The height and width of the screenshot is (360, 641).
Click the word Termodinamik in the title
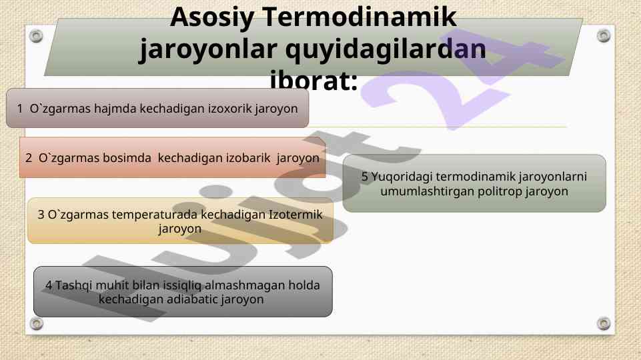[359, 17]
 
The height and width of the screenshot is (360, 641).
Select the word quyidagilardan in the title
[386, 49]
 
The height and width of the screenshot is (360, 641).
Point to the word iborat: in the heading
[313, 80]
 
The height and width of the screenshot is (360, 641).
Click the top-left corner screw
[36, 36]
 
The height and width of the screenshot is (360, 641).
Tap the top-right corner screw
[604, 35]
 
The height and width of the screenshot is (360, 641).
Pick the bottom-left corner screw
[37, 323]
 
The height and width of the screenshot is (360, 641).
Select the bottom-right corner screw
[604, 323]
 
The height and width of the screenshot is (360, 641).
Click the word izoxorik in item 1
[230, 108]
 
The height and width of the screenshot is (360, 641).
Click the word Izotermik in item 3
[295, 215]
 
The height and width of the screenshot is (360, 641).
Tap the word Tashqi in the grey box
[74, 285]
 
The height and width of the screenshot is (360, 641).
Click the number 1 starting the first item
[19, 109]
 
